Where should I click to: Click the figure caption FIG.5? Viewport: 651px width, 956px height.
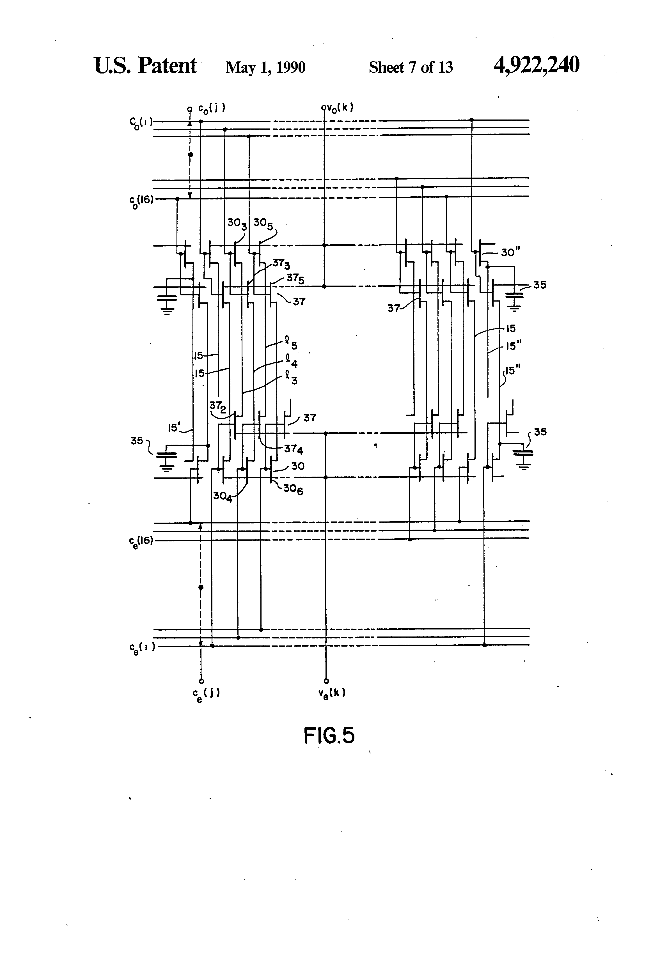click(x=329, y=736)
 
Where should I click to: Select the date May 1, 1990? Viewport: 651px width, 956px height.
click(x=265, y=67)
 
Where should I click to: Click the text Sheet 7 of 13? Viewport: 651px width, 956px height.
click(x=411, y=67)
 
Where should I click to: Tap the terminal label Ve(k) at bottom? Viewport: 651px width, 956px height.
click(x=332, y=693)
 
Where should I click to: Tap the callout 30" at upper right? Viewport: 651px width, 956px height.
click(x=508, y=252)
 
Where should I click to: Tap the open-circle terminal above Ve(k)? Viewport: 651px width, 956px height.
click(x=325, y=681)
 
